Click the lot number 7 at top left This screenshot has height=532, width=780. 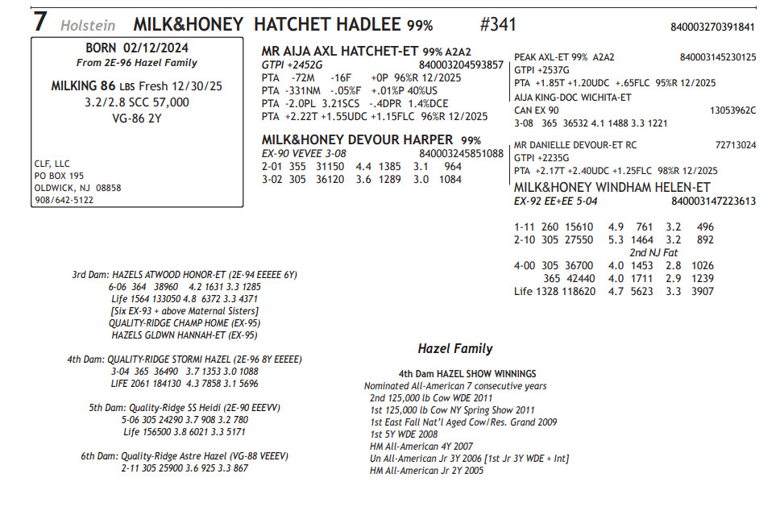pyautogui.click(x=39, y=22)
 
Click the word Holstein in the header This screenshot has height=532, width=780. pyautogui.click(x=88, y=25)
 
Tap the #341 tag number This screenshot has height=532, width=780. pyautogui.click(x=498, y=24)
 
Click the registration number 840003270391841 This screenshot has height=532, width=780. pyautogui.click(x=712, y=27)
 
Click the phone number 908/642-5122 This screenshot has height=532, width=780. pyautogui.click(x=64, y=200)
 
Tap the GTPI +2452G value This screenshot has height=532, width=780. pyautogui.click(x=292, y=64)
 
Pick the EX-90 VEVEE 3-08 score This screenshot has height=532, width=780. pyautogui.click(x=304, y=153)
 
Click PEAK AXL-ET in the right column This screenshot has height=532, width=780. pyautogui.click(x=541, y=57)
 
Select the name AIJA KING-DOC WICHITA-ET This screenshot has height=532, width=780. pyautogui.click(x=572, y=97)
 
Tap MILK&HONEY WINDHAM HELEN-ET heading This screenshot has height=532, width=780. pyautogui.click(x=612, y=187)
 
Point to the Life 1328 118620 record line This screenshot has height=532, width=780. pyautogui.click(x=613, y=291)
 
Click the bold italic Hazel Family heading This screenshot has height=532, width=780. pyautogui.click(x=454, y=349)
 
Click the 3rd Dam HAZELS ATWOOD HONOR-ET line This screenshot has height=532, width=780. pyautogui.click(x=185, y=275)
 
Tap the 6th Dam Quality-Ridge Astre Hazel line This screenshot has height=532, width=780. pyautogui.click(x=184, y=455)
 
